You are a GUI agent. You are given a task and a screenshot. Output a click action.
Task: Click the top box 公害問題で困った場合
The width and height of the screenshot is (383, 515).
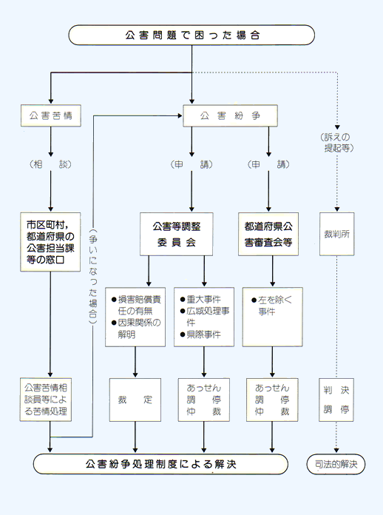tap(191, 35)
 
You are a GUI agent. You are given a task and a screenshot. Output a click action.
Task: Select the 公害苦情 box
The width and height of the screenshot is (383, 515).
tap(50, 116)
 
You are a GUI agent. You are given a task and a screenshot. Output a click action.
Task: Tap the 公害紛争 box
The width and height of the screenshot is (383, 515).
tap(230, 116)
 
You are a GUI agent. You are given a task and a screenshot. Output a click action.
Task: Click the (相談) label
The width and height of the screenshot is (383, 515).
tap(50, 164)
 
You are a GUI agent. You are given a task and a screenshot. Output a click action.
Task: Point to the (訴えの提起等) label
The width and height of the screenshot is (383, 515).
tap(337, 142)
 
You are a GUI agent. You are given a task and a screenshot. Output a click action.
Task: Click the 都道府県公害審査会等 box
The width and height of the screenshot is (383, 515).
tap(268, 234)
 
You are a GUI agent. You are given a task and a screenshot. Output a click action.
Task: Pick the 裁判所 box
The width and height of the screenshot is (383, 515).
tap(336, 234)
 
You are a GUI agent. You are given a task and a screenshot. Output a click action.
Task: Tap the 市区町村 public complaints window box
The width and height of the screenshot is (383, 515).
tap(50, 240)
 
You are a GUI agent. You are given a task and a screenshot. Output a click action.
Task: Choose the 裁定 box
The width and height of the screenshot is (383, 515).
tap(135, 400)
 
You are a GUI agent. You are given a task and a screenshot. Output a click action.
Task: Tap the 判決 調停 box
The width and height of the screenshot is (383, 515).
tap(336, 399)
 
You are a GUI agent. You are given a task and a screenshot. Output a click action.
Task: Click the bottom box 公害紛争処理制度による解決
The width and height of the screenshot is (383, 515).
tap(160, 465)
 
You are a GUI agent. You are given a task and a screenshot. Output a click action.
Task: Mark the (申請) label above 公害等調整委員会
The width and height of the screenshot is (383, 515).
tap(183, 164)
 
